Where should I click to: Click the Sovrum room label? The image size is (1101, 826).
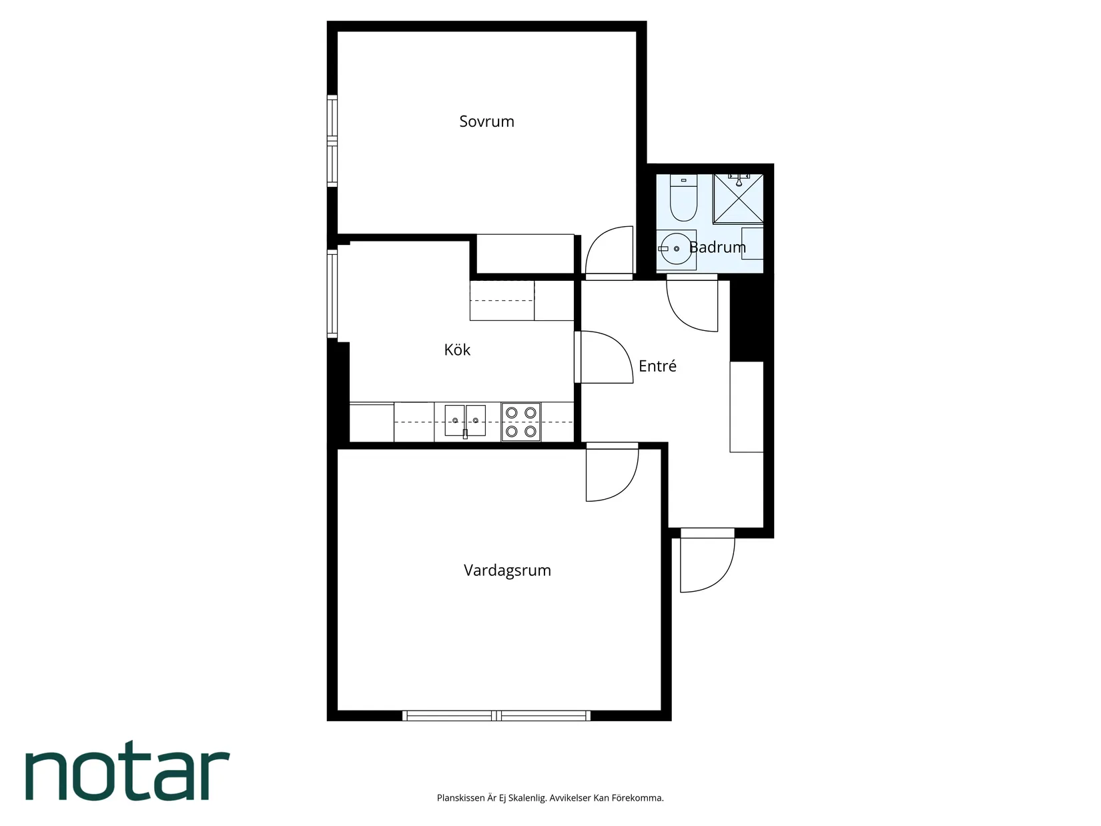tap(486, 121)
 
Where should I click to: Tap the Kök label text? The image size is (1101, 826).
tap(457, 349)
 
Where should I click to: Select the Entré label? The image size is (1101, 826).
tap(657, 366)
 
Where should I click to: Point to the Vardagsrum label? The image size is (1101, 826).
tap(507, 570)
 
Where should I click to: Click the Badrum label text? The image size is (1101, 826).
tap(717, 247)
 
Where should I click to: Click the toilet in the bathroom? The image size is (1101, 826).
tap(683, 197)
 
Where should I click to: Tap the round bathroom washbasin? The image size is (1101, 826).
tap(676, 249)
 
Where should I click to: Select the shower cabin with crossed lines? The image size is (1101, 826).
tap(739, 198)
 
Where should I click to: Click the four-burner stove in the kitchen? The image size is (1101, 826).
tap(520, 422)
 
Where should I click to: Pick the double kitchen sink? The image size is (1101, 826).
tap(465, 421)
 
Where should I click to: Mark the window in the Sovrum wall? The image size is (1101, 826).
tap(332, 140)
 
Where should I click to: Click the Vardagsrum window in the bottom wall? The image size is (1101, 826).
tap(496, 716)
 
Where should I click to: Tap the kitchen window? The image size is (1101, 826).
tap(332, 294)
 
